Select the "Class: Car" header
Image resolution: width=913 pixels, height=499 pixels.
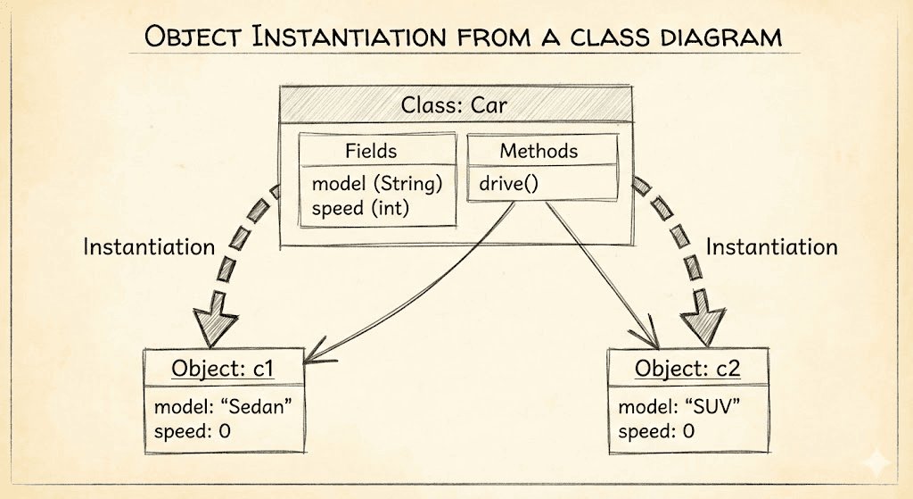coord(454,105)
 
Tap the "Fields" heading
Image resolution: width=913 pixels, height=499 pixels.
coord(370,151)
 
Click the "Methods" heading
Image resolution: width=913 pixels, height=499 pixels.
coord(539,151)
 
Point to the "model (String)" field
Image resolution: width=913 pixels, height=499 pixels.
coord(377,185)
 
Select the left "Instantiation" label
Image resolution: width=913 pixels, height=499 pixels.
coord(149,246)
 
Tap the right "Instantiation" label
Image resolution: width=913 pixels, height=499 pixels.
coord(771,246)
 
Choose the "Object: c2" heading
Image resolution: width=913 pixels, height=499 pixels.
coord(687,368)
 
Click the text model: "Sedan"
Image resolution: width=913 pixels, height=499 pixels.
coord(224,408)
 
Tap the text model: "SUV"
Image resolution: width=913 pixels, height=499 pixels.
coord(680,408)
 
